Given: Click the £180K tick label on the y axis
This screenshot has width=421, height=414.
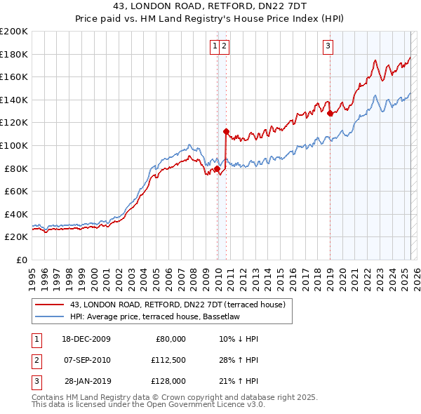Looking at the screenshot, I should (x=14, y=54).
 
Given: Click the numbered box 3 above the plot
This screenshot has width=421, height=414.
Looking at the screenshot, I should (x=328, y=47).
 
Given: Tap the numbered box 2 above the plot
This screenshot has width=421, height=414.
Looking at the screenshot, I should (x=224, y=47).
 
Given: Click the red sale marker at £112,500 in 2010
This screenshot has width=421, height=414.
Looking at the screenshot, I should (x=226, y=131).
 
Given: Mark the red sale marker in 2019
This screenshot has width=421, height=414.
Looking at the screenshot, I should (x=330, y=113).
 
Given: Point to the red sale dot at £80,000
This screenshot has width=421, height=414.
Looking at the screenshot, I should (x=218, y=168).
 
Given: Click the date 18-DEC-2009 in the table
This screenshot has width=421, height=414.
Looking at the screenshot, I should (x=86, y=338).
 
